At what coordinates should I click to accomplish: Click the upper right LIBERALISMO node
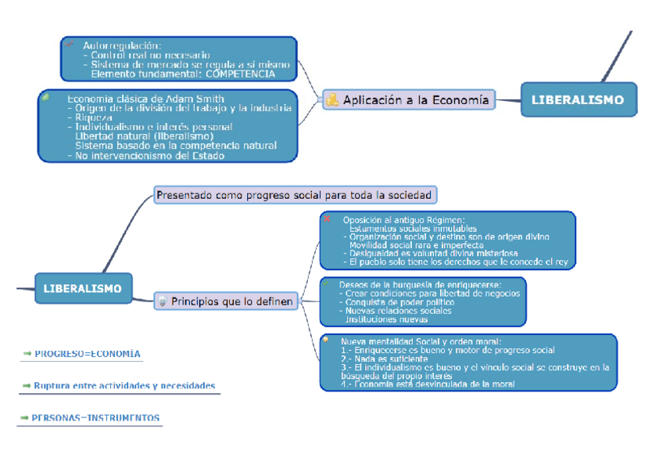(578, 99)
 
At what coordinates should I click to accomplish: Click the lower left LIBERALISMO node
(83, 288)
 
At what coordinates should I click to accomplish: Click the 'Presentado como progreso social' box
(295, 194)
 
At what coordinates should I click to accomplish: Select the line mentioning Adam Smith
(145, 99)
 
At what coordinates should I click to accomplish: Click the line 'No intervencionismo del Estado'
(149, 155)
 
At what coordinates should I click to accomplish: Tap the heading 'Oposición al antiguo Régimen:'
(403, 219)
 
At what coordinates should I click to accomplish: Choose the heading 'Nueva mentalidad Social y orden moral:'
(420, 341)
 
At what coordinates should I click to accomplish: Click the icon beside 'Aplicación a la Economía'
(332, 99)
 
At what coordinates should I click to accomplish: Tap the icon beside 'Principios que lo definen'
(163, 301)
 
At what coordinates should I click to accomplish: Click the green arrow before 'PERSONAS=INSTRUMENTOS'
(26, 418)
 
